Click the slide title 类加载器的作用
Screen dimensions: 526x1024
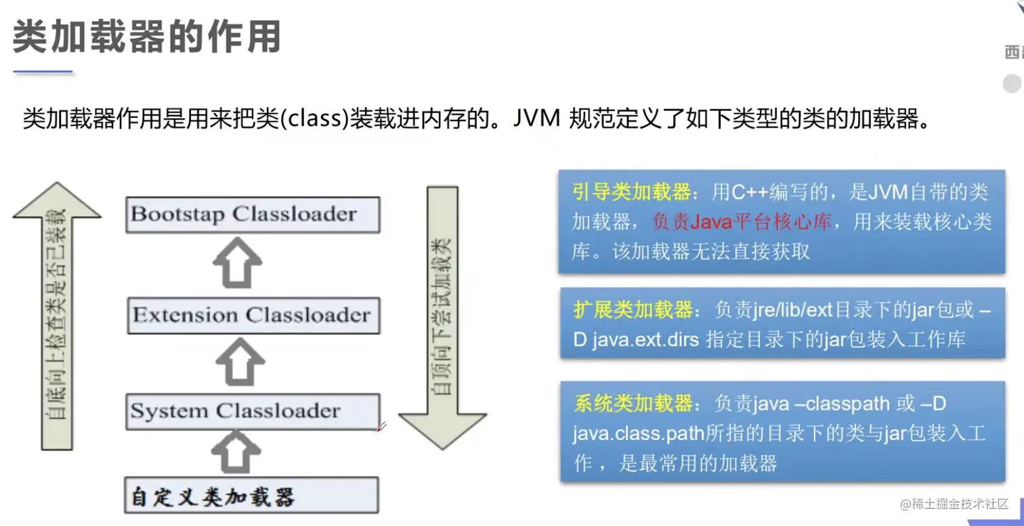147,37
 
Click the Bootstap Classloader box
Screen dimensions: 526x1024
253,215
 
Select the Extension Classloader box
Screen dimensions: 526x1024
253,315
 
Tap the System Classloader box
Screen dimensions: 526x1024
253,412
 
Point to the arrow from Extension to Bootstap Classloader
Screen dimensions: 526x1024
238,263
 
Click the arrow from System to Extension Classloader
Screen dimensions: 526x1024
240,362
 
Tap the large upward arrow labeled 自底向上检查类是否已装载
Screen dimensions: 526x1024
57,318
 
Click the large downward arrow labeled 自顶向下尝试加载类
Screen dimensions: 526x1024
442,318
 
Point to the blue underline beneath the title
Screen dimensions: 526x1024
43,70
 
